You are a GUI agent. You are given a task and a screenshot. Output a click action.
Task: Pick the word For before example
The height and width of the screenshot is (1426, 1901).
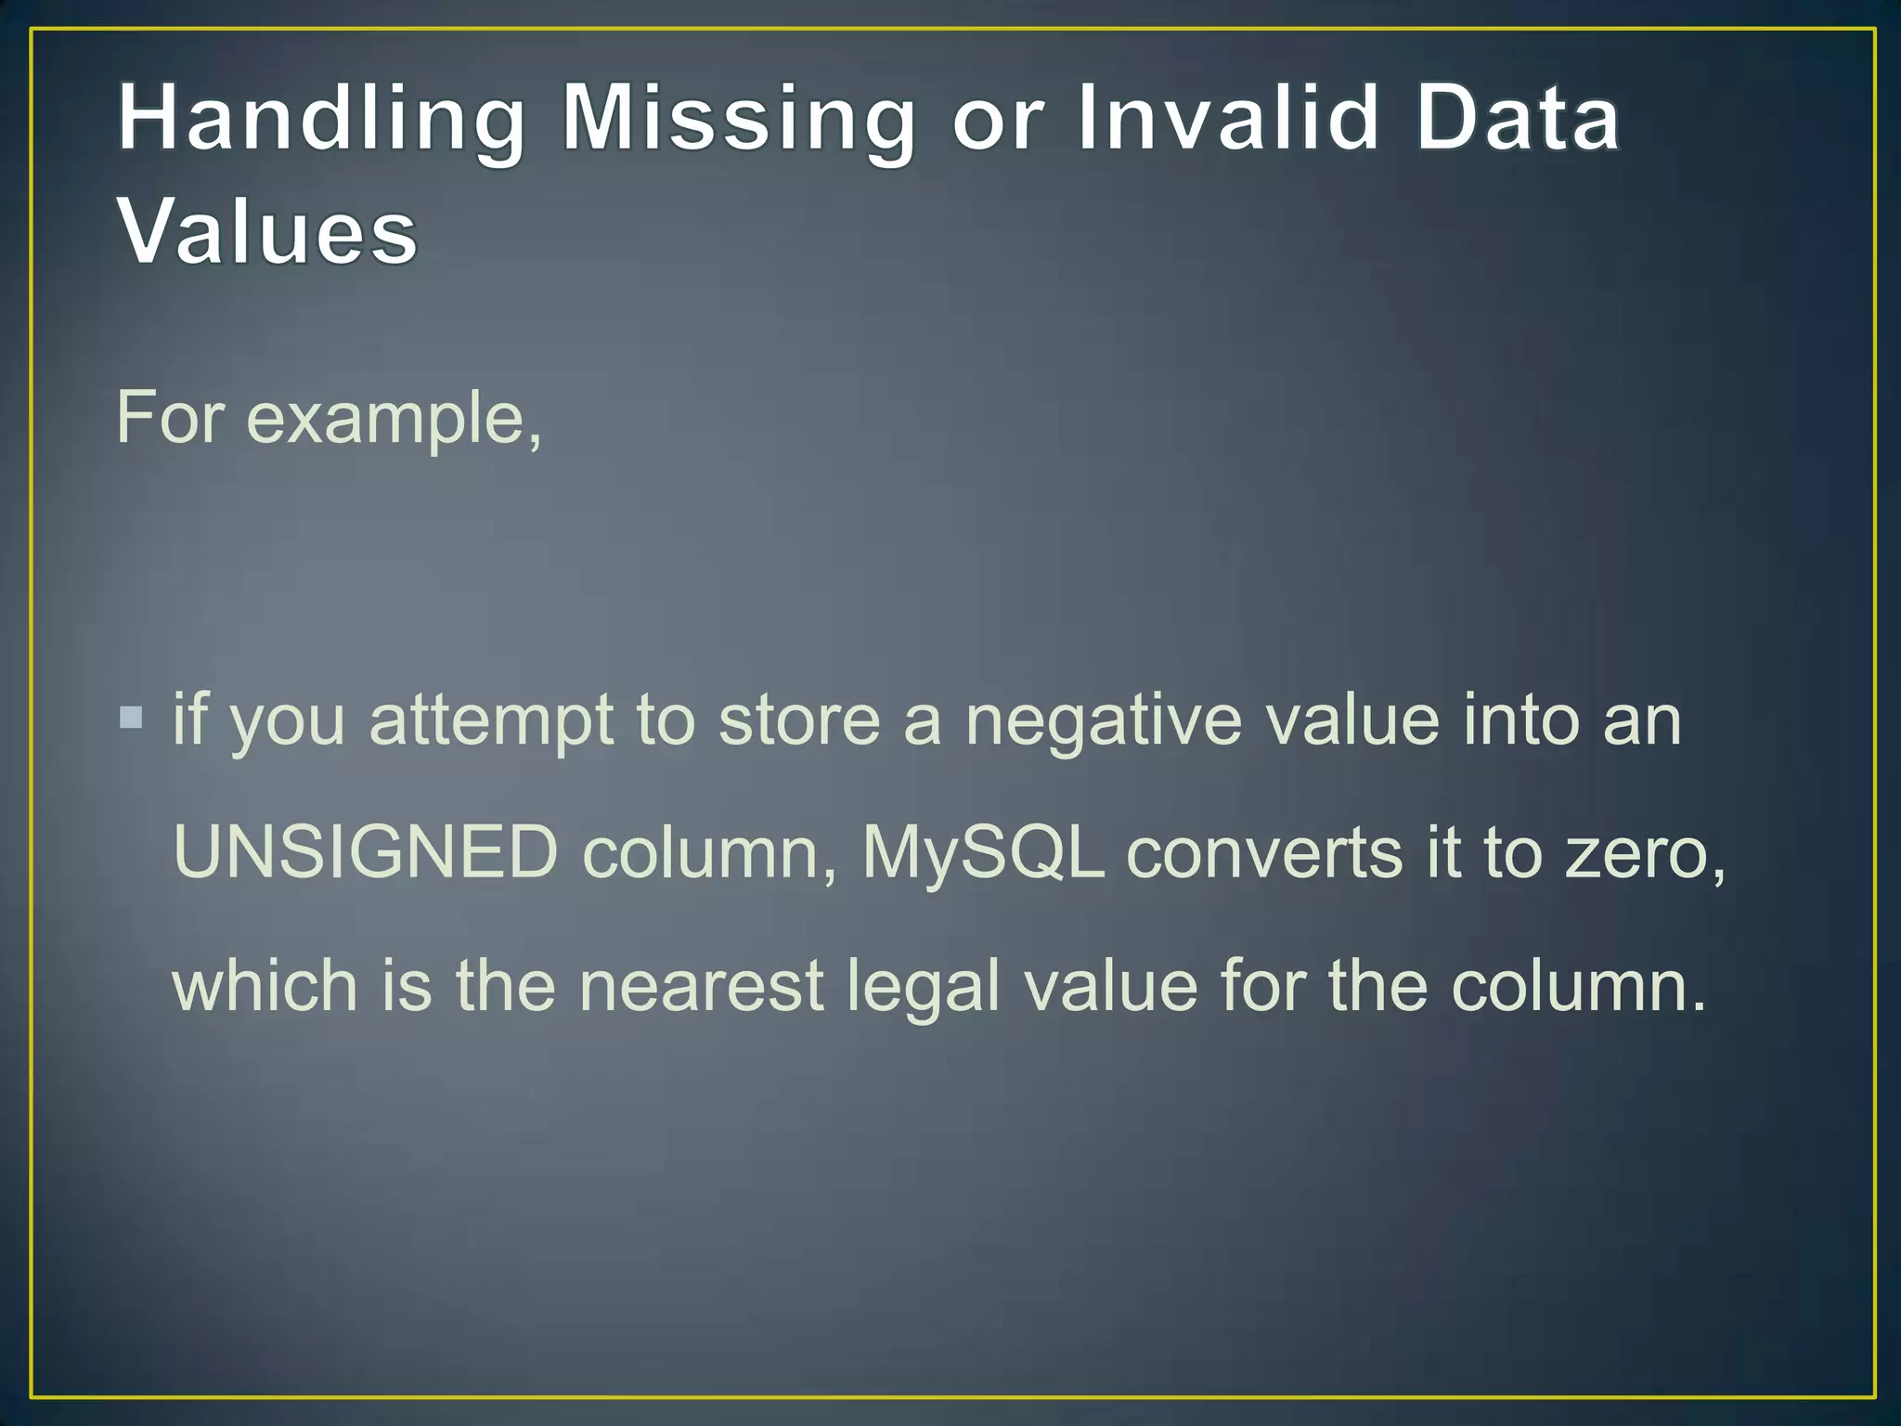tap(170, 418)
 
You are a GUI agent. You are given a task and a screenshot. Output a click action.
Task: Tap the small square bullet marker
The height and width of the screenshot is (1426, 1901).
tap(131, 718)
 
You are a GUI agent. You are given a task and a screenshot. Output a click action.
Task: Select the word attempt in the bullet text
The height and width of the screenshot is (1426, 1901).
tap(491, 721)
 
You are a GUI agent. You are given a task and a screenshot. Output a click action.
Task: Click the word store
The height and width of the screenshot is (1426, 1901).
tap(799, 720)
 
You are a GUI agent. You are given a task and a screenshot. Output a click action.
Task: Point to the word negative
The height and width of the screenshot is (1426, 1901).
tap(1103, 722)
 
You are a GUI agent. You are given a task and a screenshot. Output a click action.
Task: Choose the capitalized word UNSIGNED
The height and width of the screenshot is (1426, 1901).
tap(366, 851)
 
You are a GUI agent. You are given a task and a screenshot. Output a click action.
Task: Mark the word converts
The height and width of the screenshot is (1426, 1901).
tap(1263, 852)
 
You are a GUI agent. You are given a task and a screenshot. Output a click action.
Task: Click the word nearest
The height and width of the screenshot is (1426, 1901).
tap(701, 985)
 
